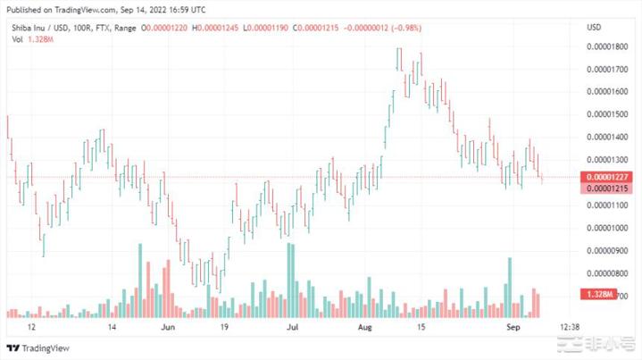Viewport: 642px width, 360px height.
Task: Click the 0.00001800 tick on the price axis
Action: [608, 46]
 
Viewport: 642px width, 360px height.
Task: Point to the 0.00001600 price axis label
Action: [608, 91]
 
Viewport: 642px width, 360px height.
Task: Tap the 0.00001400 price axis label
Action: [608, 137]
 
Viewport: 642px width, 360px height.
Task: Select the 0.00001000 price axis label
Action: [608, 228]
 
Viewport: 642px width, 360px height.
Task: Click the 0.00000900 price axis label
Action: [608, 250]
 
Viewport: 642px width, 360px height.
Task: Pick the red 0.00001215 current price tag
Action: [608, 189]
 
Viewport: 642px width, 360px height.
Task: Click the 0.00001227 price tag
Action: [608, 177]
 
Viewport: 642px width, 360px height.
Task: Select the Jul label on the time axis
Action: [293, 328]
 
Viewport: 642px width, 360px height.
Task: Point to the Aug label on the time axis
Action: [363, 328]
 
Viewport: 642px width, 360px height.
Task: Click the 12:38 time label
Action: [569, 328]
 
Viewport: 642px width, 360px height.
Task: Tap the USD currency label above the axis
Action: [593, 29]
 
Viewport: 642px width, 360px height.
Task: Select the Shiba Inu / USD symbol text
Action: [35, 29]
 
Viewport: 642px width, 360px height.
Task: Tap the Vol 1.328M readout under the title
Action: [27, 41]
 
